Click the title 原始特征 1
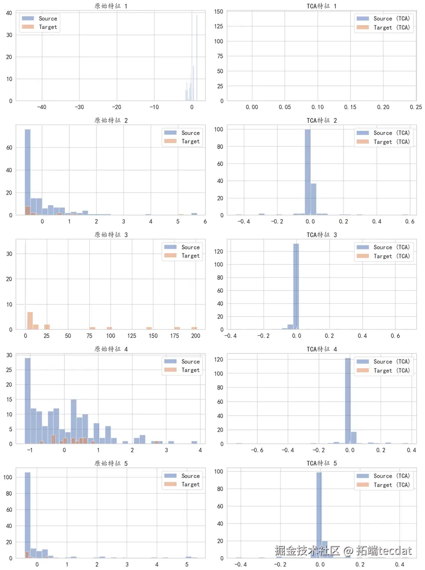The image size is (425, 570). pos(111,6)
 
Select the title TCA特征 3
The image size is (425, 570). pos(322,235)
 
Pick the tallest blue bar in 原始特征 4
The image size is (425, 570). pos(28,400)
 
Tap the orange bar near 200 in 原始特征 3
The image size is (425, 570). pos(194,328)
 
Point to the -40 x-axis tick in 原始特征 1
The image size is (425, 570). pos(42,107)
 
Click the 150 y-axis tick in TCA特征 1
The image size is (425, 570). pos(219,11)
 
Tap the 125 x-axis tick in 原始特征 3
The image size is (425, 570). pos(131,336)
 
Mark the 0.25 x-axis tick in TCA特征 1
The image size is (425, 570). pos(415,107)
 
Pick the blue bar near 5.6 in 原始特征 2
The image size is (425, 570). pos(194,214)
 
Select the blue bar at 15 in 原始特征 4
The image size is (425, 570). pos(74,421)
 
